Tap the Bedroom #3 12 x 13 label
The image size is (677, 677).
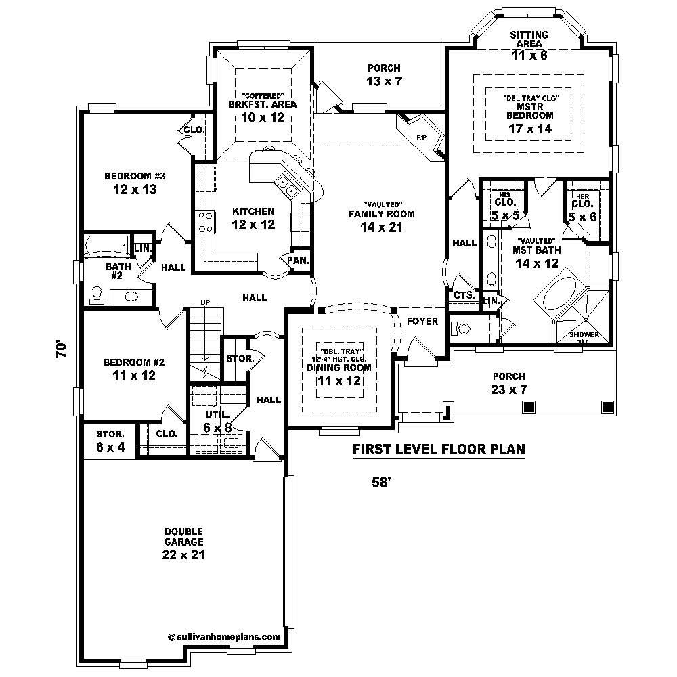[x=135, y=183]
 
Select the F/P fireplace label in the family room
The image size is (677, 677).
[x=422, y=138]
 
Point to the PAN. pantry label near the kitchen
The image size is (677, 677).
[x=298, y=259]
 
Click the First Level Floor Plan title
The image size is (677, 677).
[x=439, y=449]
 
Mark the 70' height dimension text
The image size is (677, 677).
[x=62, y=349]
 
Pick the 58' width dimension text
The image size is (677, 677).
[x=382, y=483]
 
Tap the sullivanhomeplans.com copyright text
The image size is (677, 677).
[x=223, y=636]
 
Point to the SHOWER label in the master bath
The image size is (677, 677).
[x=584, y=335]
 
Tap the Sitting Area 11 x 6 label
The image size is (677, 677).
[x=529, y=45]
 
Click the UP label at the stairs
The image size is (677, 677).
[x=203, y=302]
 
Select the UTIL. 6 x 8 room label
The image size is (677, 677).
[x=217, y=420]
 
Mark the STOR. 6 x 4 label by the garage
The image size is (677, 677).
[x=110, y=440]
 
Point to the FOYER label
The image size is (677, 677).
[x=422, y=321]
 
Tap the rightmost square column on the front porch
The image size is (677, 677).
[x=608, y=406]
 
